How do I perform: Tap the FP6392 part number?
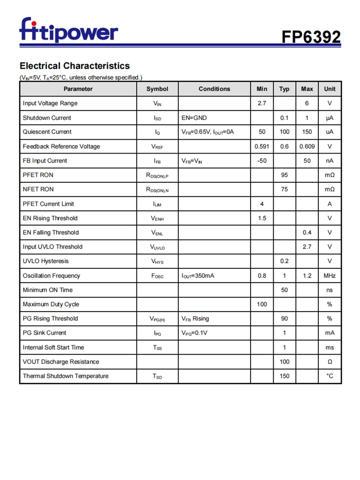point(311,36)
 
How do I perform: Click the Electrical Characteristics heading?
point(74,66)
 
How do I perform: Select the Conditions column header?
point(214,89)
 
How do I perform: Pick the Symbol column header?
point(157,89)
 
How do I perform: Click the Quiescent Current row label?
point(47,132)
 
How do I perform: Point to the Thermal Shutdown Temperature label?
point(66,376)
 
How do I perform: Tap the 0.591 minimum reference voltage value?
point(262,146)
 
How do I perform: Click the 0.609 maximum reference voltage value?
point(307,146)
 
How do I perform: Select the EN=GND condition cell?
point(194,118)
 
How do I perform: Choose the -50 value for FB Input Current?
point(262,161)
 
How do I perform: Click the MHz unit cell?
point(329,276)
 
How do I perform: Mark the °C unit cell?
point(329,376)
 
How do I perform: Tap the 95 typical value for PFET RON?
point(284,175)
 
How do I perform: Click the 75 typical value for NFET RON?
point(284,189)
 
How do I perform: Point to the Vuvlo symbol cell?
point(157,247)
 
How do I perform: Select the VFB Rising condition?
point(195,318)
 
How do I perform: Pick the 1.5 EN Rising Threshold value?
point(262,218)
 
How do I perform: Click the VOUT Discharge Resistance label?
point(61,361)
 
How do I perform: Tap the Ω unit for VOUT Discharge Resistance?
point(329,361)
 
